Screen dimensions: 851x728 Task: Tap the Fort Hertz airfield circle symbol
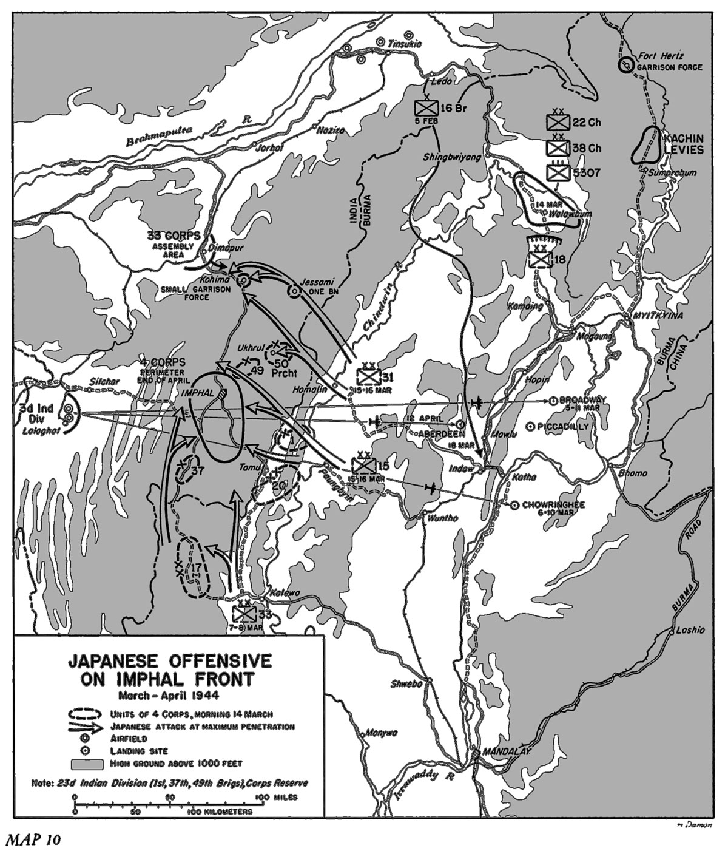coord(624,64)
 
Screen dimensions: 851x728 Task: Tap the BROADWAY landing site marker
coord(553,401)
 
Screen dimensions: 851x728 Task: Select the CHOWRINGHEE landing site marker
coord(514,504)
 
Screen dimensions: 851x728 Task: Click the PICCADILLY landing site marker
coord(531,427)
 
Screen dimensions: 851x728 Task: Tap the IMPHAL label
coord(198,393)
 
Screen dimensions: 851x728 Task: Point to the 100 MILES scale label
coord(276,797)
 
